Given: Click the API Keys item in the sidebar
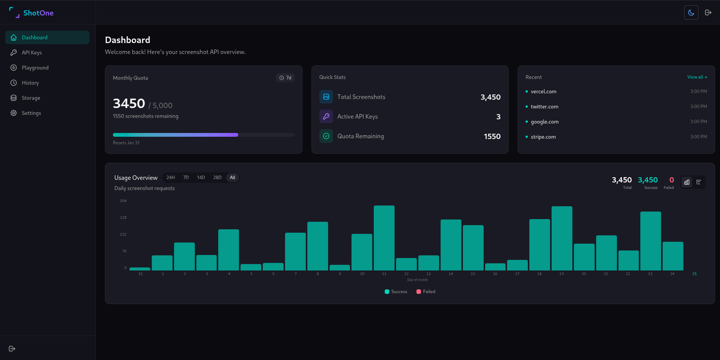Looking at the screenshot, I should click(32, 53).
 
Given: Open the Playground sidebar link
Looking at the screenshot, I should click(35, 68).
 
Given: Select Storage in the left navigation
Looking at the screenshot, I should click(31, 98).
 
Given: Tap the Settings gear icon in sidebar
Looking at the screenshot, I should click(14, 113).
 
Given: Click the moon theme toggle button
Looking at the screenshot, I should click(691, 12).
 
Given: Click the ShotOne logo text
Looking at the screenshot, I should click(38, 13).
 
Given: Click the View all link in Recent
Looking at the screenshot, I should click(697, 77).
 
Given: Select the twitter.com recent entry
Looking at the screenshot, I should click(544, 107).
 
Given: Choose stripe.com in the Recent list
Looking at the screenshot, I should click(543, 137).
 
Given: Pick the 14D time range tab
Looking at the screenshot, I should click(201, 178).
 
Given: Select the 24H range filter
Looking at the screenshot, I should click(171, 178).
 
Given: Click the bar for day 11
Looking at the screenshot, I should click(384, 238).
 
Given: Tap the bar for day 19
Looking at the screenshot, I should click(561, 238).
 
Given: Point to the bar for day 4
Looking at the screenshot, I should click(228, 250).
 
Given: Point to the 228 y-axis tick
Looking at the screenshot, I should click(123, 218).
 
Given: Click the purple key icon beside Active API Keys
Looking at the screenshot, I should click(326, 116).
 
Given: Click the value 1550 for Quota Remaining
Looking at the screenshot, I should click(492, 136).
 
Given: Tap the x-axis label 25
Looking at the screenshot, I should click(694, 274).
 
